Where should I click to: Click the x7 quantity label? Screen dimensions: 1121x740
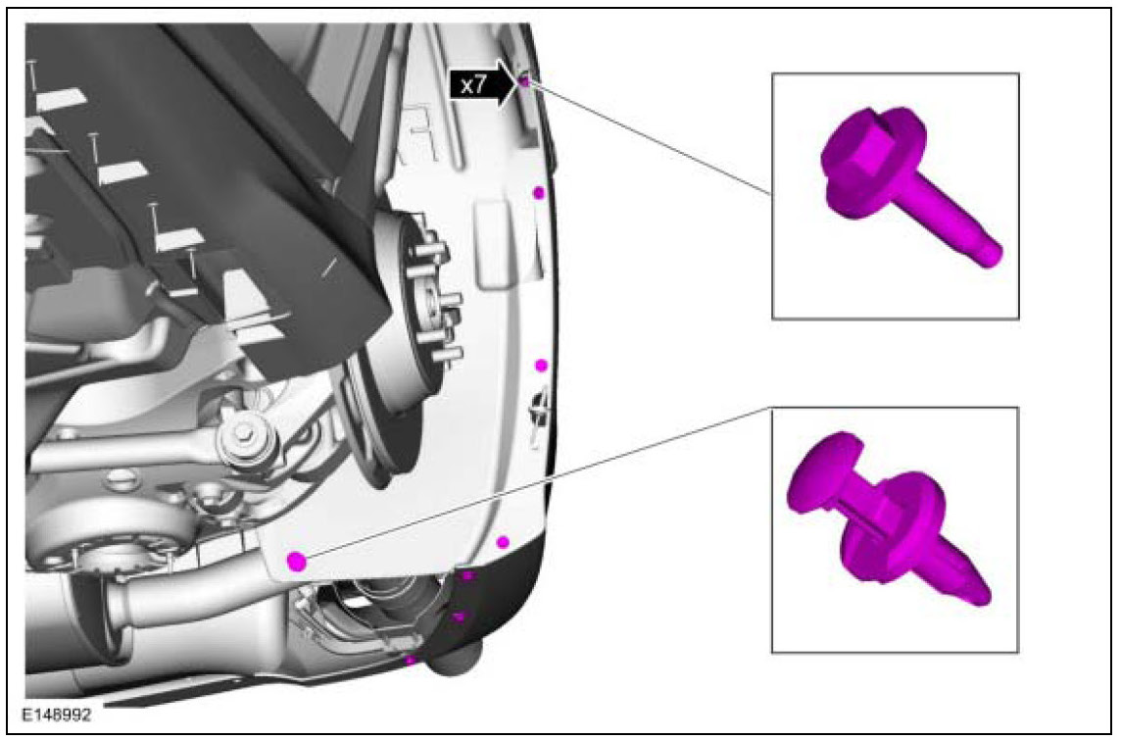(473, 86)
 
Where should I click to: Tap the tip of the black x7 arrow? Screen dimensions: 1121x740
(520, 84)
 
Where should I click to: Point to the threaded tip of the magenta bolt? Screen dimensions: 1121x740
(993, 255)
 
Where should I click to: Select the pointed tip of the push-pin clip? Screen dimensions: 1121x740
(981, 592)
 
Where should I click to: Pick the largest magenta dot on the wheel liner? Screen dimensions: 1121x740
(297, 562)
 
